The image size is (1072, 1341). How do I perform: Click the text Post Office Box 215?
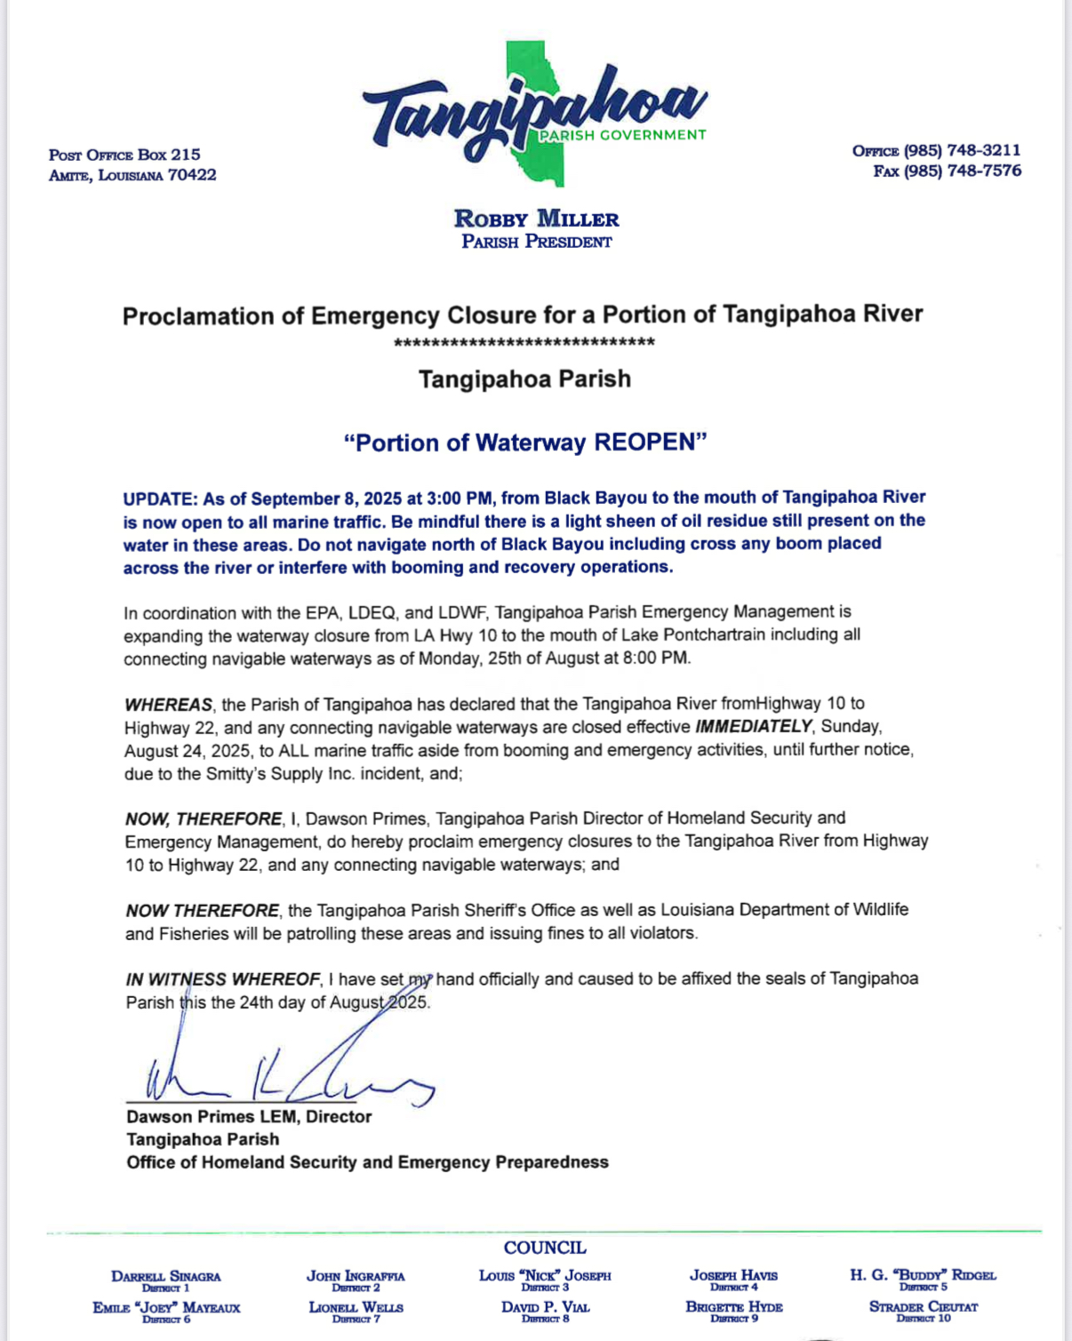pos(124,155)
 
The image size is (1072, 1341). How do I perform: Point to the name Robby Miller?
pos(536,219)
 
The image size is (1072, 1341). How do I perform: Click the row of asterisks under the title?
pos(524,343)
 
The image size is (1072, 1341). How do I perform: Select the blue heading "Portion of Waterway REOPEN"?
pos(525,443)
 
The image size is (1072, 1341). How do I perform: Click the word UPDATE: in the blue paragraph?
pos(160,498)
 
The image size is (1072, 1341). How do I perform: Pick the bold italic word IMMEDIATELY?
pos(753,727)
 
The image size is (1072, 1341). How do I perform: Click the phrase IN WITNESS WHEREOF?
pos(223,979)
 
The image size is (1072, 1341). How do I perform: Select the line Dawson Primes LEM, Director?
pos(249,1116)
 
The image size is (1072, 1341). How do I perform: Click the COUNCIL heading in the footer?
pos(545,1248)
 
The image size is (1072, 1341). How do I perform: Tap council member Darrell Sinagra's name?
pos(166,1276)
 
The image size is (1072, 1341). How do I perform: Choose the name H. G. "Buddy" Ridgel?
pos(923,1275)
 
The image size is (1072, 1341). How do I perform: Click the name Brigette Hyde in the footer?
pos(734,1307)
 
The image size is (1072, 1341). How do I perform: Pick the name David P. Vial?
pos(545,1307)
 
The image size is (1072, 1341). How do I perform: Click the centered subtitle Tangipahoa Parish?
pos(524,379)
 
